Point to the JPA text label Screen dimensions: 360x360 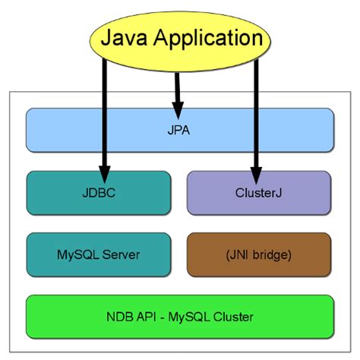pyautogui.click(x=180, y=130)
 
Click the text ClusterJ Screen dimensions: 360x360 pyautogui.click(x=258, y=193)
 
